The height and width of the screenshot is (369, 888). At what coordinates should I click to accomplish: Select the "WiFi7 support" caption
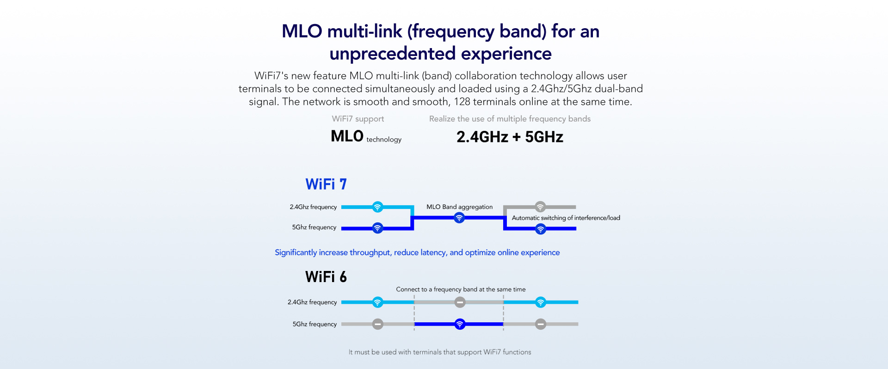(x=358, y=119)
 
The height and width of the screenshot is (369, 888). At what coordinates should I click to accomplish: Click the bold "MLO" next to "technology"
(x=347, y=136)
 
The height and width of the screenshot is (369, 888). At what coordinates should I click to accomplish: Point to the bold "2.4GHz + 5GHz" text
(x=510, y=137)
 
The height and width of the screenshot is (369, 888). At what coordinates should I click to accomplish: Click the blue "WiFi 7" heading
(x=326, y=184)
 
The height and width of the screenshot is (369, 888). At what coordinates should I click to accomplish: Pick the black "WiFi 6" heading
(x=326, y=277)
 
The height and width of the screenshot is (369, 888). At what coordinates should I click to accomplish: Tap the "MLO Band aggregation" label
(x=459, y=207)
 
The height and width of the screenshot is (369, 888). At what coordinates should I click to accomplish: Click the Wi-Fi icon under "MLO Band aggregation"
(x=459, y=217)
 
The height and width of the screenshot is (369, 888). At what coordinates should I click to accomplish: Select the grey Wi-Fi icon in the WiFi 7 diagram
(x=540, y=207)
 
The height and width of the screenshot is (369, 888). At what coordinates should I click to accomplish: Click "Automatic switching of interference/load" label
(x=566, y=218)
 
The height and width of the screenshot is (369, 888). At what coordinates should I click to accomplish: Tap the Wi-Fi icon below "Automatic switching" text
(x=540, y=229)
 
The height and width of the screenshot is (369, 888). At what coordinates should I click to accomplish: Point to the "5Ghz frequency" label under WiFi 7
(x=314, y=228)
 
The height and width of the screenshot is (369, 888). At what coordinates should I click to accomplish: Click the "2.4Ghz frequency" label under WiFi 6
(x=312, y=302)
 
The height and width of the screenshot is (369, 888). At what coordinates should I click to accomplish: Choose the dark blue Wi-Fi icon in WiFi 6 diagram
(x=459, y=324)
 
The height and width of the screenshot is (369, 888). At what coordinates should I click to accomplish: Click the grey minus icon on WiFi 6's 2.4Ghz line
(x=459, y=302)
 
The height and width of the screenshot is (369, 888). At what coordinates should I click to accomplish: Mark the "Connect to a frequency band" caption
(x=461, y=289)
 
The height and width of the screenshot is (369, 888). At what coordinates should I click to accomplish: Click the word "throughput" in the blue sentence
(x=370, y=252)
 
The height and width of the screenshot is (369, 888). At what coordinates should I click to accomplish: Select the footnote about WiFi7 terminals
(x=440, y=352)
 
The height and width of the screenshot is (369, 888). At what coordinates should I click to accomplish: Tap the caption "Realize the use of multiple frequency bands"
(x=510, y=119)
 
